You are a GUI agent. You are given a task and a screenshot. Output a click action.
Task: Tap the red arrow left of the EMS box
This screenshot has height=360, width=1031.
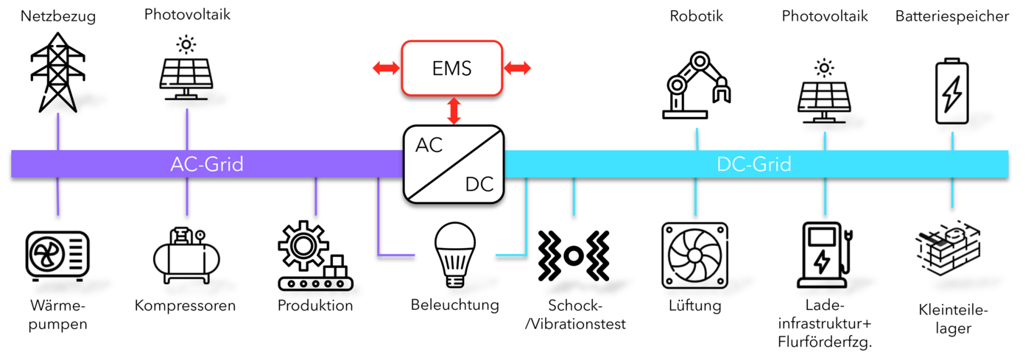pos(384,68)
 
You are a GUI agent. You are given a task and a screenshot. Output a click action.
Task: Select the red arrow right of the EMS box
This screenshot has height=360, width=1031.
pos(518,68)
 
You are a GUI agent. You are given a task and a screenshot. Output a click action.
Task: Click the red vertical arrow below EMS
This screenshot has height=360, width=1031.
pos(454,110)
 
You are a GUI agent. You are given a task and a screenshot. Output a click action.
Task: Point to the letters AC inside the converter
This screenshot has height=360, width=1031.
pos(429,145)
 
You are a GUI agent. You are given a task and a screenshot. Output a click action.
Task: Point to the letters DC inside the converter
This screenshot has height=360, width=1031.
pos(479,185)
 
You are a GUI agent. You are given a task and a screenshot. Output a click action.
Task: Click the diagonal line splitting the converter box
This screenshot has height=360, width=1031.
pos(454,164)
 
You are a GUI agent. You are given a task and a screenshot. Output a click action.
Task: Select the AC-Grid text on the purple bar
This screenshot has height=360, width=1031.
pos(207,164)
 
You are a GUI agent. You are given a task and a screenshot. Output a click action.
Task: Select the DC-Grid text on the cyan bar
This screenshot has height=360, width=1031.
pos(753,164)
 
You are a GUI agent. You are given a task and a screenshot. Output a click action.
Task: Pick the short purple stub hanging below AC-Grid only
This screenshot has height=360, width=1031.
pos(316,197)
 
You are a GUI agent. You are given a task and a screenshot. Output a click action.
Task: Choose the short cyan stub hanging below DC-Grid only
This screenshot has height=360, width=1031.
pos(574,197)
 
